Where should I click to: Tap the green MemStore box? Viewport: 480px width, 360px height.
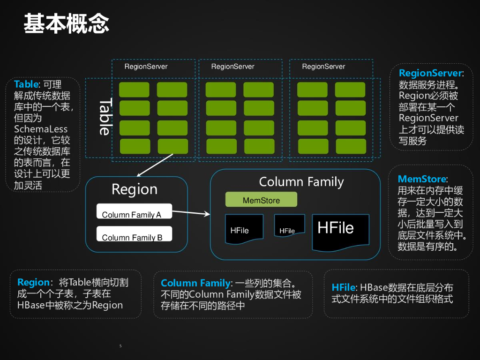(261, 200)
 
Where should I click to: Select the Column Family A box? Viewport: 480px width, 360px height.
(134, 211)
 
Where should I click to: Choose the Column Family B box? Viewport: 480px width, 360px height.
(134, 234)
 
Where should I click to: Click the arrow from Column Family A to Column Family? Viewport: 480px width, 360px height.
(191, 213)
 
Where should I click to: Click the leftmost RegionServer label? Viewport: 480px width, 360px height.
(146, 67)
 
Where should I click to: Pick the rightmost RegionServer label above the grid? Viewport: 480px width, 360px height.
(323, 67)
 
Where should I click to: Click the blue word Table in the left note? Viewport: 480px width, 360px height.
(26, 84)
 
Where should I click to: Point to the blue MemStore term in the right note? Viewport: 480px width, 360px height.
(422, 179)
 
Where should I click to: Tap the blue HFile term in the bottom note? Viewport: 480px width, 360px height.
(343, 287)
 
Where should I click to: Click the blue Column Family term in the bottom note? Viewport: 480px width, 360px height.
(195, 283)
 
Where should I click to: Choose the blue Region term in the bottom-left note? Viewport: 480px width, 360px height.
(33, 282)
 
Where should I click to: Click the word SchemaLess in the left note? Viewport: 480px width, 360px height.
(41, 129)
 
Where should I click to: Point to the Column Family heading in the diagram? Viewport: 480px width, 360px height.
(301, 182)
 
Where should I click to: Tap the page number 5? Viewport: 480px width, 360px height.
(120, 346)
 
